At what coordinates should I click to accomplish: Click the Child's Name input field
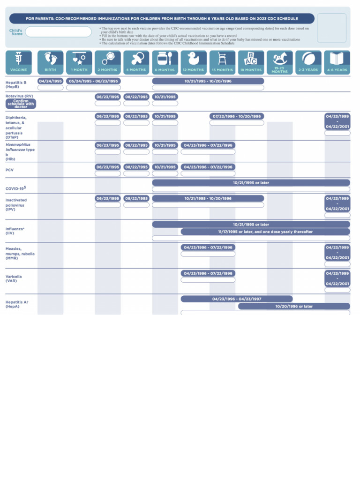tap(59, 32)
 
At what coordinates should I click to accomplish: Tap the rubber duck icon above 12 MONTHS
tap(193, 58)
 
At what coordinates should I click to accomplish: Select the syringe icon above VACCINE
tap(18, 58)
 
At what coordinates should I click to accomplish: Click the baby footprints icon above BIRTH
tap(50, 58)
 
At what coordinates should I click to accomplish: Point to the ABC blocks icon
tap(251, 58)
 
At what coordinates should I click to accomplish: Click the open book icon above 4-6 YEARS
tap(337, 58)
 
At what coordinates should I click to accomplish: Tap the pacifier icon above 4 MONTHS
tap(136, 58)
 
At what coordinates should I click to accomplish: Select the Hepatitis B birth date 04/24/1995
tap(51, 81)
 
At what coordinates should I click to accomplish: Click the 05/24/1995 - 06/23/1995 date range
tap(93, 81)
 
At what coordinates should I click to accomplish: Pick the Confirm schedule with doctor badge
tap(21, 104)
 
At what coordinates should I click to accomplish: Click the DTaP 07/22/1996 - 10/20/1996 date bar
tap(237, 116)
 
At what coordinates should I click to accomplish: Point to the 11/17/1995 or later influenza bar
tap(265, 232)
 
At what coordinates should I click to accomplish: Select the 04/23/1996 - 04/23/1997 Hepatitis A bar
tap(237, 299)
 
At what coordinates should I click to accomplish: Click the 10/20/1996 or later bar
tap(294, 307)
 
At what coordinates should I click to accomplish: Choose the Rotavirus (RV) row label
tap(19, 96)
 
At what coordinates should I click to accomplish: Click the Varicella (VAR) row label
tap(14, 279)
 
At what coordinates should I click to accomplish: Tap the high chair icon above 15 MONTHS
tap(222, 58)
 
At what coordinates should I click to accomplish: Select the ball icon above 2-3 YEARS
tap(308, 58)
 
